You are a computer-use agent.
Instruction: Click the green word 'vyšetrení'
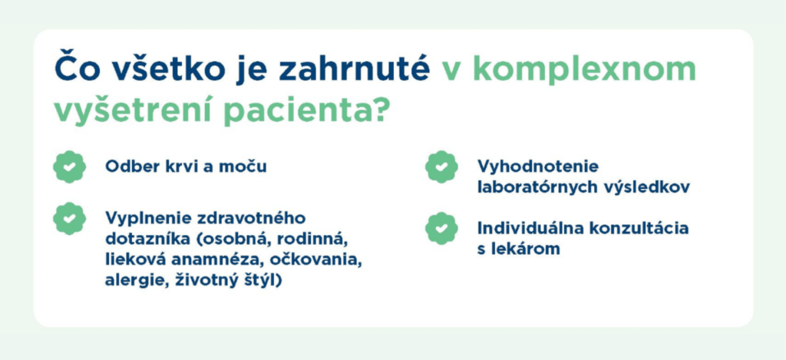click(131, 111)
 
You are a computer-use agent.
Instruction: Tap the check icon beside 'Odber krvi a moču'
click(70, 167)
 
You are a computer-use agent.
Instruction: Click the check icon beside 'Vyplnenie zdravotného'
click(70, 219)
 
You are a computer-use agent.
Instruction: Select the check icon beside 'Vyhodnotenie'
click(441, 167)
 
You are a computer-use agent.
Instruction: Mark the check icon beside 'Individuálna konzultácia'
click(441, 229)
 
